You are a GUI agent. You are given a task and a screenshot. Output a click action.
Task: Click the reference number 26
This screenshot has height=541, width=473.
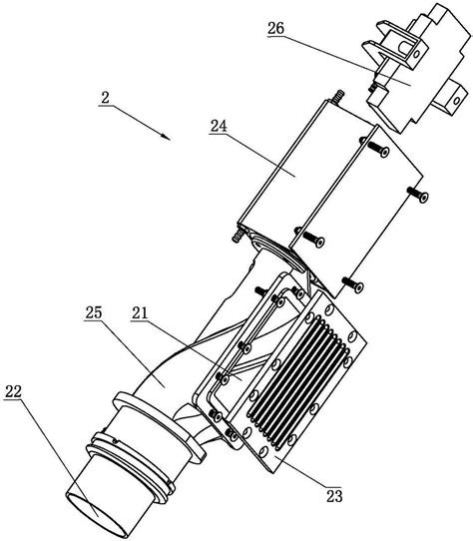point(275,28)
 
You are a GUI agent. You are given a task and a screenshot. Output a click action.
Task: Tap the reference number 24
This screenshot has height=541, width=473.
point(219,126)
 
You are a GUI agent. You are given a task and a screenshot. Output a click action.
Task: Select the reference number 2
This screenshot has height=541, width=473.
point(105,98)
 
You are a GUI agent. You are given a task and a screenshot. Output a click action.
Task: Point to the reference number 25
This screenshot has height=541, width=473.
point(94,312)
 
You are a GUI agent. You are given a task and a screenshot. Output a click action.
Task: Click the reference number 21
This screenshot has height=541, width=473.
point(140,313)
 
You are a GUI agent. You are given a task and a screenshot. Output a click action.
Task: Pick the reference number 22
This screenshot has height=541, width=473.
point(13,391)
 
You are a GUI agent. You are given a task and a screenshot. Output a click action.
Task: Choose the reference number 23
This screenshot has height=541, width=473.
point(334,496)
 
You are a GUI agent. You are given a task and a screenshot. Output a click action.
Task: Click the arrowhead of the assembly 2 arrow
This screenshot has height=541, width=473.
point(166,137)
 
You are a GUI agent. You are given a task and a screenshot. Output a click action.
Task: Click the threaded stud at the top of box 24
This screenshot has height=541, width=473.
point(337,96)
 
